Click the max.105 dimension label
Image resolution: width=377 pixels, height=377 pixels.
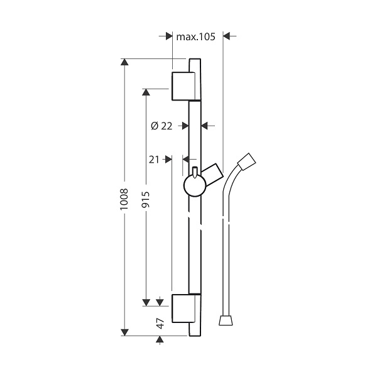tap(195, 37)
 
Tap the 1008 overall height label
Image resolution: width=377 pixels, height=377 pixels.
tap(124, 199)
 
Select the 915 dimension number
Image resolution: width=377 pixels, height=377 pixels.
tap(146, 199)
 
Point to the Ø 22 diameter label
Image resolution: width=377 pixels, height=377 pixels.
tap(161, 126)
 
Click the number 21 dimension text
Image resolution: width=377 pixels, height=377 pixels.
tap(154, 160)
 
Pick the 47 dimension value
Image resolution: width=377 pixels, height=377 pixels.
tap(160, 324)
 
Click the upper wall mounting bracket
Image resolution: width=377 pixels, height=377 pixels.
tap(186, 86)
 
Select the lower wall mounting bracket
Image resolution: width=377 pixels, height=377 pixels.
tap(186, 309)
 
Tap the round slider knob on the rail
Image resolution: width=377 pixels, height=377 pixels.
tap(195, 185)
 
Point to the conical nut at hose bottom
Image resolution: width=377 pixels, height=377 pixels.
tap(226, 320)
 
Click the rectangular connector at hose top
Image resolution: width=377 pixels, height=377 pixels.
tap(246, 161)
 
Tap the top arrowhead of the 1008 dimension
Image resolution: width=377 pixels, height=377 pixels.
tap(124, 62)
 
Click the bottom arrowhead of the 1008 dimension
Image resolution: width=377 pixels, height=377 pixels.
tap(124, 332)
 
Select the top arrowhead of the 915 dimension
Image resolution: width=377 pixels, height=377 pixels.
tap(146, 92)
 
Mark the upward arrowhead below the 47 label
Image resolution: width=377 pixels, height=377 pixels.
tap(160, 339)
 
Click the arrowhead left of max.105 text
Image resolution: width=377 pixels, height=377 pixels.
tap(169, 36)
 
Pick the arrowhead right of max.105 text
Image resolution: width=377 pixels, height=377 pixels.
tap(226, 36)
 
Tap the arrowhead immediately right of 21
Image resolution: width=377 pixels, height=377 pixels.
tap(168, 160)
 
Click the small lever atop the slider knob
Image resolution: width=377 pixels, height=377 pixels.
tap(195, 172)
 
